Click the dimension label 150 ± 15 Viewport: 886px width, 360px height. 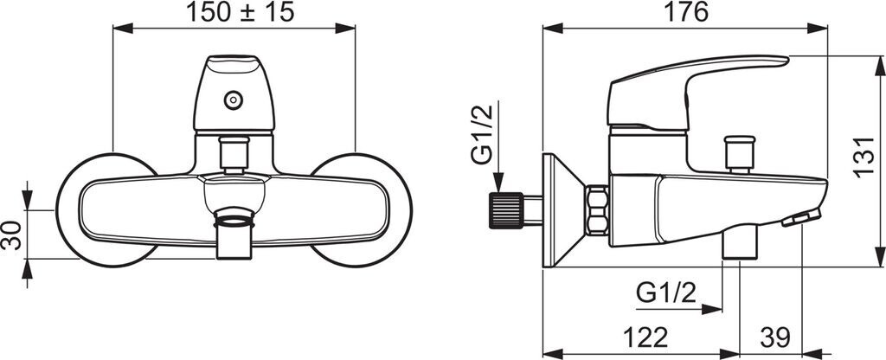241,12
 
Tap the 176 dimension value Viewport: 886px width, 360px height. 685,12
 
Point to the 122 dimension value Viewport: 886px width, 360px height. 645,338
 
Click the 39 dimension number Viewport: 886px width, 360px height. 774,338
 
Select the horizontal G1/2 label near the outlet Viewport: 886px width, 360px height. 666,292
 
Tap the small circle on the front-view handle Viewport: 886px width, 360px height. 234,100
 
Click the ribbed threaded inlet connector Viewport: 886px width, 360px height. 506,210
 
